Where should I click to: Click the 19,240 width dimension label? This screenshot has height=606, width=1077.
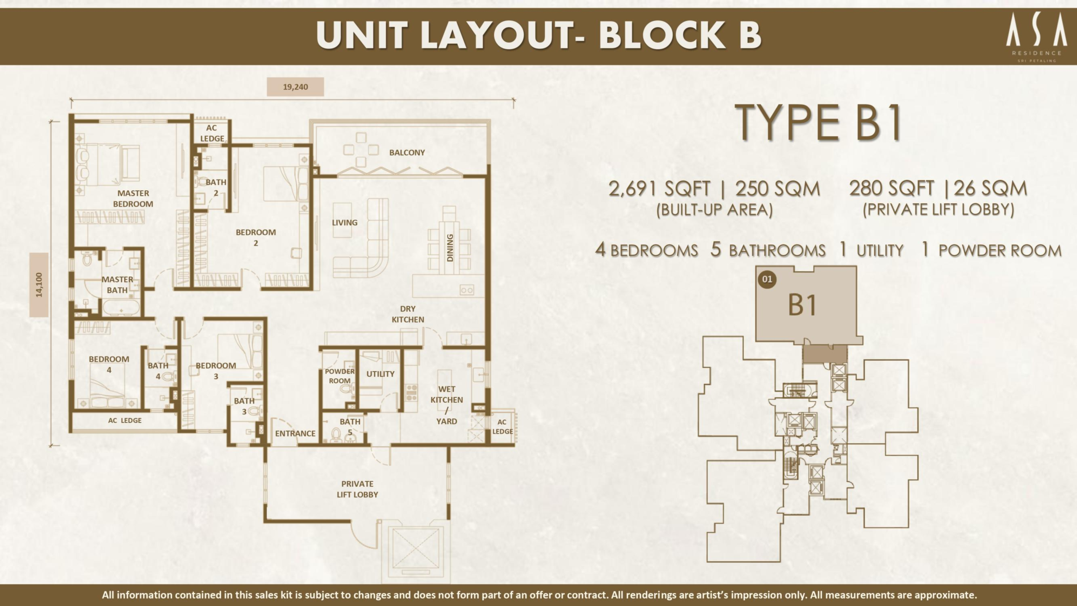(x=295, y=87)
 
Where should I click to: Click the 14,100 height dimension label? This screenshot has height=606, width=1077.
(x=39, y=285)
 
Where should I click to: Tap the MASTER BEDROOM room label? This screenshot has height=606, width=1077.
(x=133, y=199)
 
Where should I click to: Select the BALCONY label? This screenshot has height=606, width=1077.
(x=407, y=152)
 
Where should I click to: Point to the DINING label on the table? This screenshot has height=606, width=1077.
(x=450, y=248)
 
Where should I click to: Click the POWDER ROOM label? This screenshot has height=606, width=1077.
(x=340, y=376)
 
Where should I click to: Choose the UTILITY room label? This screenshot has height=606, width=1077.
(x=380, y=374)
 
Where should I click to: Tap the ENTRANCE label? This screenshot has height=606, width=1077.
(x=295, y=433)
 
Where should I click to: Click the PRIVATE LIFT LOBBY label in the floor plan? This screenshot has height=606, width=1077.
(x=357, y=489)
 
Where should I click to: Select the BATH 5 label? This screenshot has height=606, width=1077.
(x=350, y=426)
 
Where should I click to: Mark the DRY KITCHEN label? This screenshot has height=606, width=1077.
(x=408, y=314)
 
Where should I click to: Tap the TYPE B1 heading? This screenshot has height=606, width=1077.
(x=820, y=123)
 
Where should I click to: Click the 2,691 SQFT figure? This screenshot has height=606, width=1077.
(x=659, y=189)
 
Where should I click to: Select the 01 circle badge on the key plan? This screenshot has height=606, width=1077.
(x=767, y=279)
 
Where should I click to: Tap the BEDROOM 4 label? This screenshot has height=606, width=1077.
(x=109, y=364)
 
